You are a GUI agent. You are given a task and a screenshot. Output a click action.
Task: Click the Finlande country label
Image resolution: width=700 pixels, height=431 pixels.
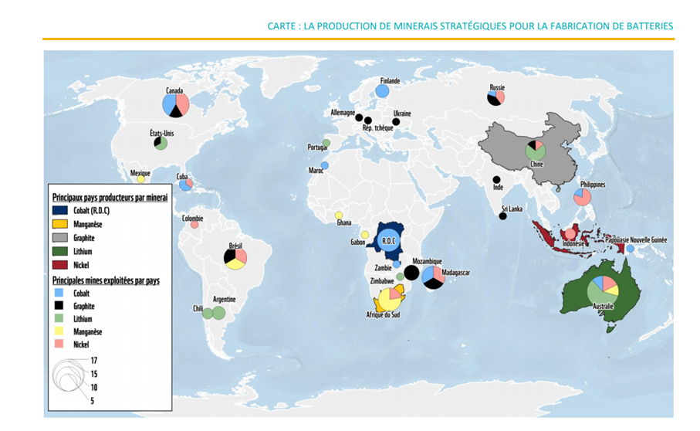pos(390,80)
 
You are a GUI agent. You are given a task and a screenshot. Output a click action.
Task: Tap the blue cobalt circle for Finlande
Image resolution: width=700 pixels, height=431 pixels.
pos(382,91)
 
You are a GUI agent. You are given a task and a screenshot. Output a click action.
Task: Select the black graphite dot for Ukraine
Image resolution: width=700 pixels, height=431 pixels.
pos(396,121)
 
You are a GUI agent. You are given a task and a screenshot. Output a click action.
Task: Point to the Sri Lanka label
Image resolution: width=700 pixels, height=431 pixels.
pos(512,209)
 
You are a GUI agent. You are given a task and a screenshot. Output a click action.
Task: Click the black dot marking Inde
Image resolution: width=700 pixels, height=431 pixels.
pos(496,180)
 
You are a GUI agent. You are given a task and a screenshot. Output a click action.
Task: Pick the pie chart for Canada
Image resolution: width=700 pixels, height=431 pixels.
pos(176,104)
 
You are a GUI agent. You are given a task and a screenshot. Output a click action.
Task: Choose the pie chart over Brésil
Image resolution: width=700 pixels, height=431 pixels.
pos(235,258)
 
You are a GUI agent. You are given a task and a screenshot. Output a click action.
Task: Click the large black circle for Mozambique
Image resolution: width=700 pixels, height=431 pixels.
pos(412,273)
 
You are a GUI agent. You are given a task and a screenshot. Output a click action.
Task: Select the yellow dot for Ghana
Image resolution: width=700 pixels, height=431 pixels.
pos(338,215)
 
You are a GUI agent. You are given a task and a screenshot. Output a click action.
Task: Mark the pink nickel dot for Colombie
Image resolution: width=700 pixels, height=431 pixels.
pos(194,225)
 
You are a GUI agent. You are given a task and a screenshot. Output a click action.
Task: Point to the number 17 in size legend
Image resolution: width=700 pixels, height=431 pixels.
pos(94,361)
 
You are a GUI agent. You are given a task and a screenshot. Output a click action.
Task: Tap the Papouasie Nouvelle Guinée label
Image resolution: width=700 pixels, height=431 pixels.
pos(637,240)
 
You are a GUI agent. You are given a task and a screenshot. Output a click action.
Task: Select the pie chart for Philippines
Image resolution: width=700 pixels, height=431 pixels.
pos(583,197)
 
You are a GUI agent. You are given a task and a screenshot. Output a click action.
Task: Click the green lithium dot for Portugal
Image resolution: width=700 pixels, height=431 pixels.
pos(326,143)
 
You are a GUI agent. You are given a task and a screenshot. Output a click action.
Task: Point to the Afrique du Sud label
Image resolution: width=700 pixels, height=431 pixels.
pos(382,315)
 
